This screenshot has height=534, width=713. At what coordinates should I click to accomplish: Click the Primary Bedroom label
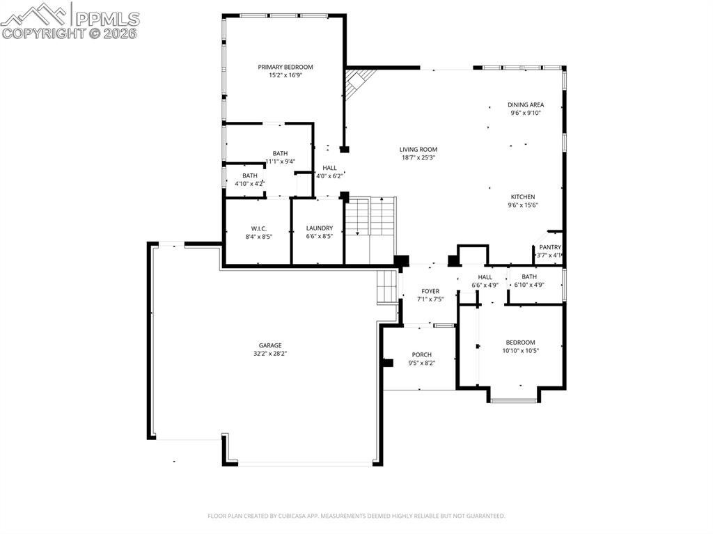285,68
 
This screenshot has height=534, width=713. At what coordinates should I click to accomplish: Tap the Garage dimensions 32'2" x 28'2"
270,354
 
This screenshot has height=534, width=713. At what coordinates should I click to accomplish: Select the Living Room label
418,149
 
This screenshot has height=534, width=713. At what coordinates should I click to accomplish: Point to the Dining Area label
526,104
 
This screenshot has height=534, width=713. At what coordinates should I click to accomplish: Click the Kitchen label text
522,197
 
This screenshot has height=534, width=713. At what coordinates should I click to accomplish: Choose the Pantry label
550,247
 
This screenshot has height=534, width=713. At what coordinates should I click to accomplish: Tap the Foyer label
430,291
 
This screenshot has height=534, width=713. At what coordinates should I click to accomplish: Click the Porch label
421,354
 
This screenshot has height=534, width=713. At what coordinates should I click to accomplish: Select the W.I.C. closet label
259,228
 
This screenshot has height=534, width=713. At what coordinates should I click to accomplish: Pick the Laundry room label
320,228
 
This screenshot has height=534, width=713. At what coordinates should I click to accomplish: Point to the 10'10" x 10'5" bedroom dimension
521,350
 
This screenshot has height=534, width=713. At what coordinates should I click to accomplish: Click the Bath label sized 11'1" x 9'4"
280,153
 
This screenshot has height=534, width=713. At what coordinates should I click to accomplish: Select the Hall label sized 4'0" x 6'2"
329,168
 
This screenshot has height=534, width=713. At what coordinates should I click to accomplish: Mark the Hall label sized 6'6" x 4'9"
485,277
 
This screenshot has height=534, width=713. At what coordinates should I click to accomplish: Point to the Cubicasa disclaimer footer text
356,516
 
